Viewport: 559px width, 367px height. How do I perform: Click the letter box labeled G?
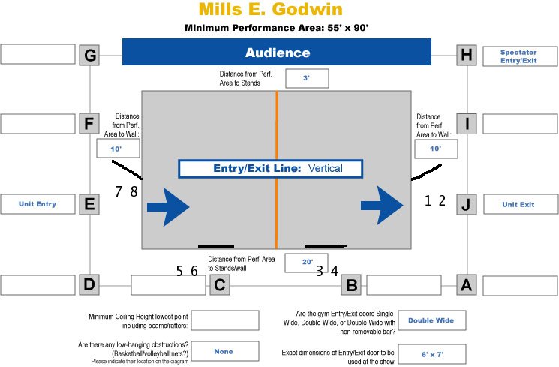[x=90, y=55]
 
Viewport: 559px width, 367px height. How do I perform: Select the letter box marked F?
[x=90, y=123]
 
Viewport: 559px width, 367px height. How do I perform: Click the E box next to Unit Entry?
[x=90, y=203]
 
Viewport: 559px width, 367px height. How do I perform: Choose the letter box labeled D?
[x=90, y=285]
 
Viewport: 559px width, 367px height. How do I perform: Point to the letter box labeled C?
[x=219, y=285]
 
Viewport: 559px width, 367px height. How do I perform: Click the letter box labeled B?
[x=351, y=285]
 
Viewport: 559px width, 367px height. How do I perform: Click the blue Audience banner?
[x=277, y=53]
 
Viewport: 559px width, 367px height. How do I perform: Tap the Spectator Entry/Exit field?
[x=518, y=56]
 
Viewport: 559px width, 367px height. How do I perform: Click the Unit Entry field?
[x=37, y=203]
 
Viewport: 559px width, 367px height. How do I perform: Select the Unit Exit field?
[x=518, y=203]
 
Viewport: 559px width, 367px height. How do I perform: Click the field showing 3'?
[x=306, y=78]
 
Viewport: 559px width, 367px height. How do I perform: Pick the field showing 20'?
[x=306, y=262]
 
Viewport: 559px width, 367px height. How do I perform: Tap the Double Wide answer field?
[x=431, y=320]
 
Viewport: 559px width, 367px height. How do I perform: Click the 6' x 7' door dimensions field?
[x=431, y=354]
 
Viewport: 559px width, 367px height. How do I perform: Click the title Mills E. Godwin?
[x=271, y=10]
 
